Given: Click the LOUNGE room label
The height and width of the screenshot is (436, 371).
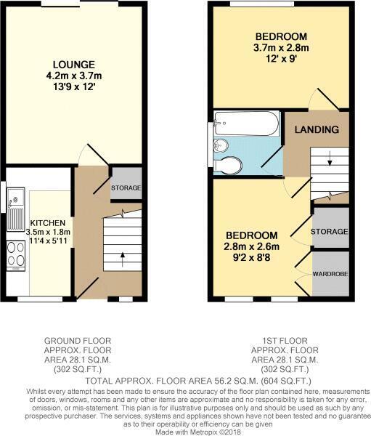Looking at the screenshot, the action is pyautogui.click(x=74, y=65).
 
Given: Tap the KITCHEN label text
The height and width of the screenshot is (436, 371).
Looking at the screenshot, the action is pyautogui.click(x=48, y=223).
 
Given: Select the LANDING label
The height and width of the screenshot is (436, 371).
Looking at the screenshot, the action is pyautogui.click(x=317, y=129).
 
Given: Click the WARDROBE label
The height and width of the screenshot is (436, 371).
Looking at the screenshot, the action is pyautogui.click(x=330, y=274).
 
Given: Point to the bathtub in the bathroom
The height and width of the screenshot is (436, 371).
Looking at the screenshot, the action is pyautogui.click(x=246, y=124).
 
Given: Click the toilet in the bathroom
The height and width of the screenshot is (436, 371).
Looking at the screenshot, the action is pyautogui.click(x=228, y=165).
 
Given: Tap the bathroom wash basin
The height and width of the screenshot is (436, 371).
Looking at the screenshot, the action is pyautogui.click(x=221, y=145).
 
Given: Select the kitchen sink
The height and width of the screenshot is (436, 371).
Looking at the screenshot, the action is pyautogui.click(x=16, y=209).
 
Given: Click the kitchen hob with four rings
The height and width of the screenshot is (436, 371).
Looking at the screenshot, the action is pyautogui.click(x=16, y=255).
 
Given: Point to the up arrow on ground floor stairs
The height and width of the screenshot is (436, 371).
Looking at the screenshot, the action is pyautogui.click(x=122, y=259).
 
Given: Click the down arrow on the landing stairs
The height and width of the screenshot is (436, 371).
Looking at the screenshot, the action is pyautogui.click(x=330, y=158).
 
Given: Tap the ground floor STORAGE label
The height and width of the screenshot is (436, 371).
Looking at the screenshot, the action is pyautogui.click(x=126, y=187).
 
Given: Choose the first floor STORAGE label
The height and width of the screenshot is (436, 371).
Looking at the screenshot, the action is pyautogui.click(x=330, y=232).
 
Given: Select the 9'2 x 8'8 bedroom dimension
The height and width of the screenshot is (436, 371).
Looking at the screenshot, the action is pyautogui.click(x=252, y=258).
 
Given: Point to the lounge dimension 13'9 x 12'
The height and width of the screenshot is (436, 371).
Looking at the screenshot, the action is pyautogui.click(x=74, y=86).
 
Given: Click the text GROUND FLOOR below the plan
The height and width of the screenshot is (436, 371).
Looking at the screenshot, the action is pyautogui.click(x=78, y=341).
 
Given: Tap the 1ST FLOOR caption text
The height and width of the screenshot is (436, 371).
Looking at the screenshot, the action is pyautogui.click(x=285, y=341).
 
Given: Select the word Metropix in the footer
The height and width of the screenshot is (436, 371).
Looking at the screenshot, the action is pyautogui.click(x=203, y=432).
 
